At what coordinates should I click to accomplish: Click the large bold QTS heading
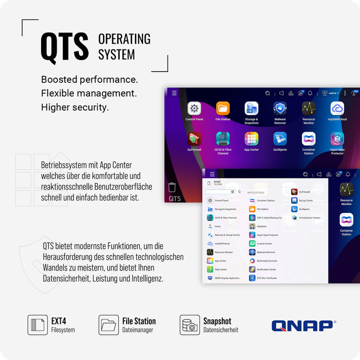(64, 47)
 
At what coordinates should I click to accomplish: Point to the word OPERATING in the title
(124, 39)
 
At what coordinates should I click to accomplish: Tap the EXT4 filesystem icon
(38, 325)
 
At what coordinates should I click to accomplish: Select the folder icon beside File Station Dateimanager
(109, 325)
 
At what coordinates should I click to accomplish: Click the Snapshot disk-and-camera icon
(190, 325)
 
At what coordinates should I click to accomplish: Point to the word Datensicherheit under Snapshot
(221, 330)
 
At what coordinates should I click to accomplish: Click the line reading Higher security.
(75, 107)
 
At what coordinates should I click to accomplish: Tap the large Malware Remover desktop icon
(280, 109)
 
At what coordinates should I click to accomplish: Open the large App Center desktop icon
(251, 139)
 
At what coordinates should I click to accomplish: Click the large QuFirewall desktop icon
(194, 139)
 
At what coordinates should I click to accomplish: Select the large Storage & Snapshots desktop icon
(251, 109)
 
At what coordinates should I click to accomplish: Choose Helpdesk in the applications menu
(262, 226)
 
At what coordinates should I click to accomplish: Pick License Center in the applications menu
(264, 243)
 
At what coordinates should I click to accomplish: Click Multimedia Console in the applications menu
(266, 261)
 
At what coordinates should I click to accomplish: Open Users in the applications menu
(218, 226)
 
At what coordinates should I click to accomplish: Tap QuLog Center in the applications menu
(305, 201)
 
